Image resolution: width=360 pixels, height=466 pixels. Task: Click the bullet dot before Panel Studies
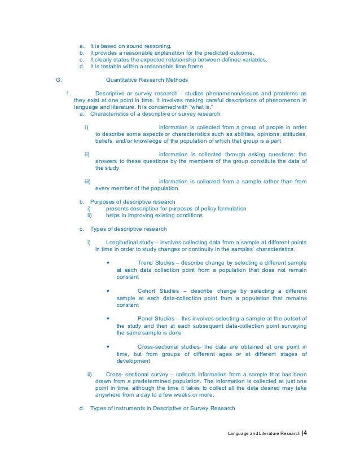pyautogui.click(x=107, y=318)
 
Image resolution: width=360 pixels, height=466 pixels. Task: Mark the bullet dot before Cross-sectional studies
pyautogui.click(x=107, y=346)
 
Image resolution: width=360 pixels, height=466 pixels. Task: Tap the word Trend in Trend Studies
pyautogui.click(x=146, y=263)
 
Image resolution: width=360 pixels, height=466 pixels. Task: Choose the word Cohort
pyautogui.click(x=148, y=291)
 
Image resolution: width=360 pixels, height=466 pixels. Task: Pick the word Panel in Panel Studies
pyautogui.click(x=146, y=318)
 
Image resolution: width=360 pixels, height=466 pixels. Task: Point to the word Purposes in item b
pyautogui.click(x=102, y=201)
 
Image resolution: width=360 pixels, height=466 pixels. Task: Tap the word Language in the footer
pyautogui.click(x=239, y=433)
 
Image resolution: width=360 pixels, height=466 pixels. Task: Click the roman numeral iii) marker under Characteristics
pyautogui.click(x=87, y=181)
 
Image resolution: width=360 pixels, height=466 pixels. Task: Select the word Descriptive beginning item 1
pyautogui.click(x=111, y=93)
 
